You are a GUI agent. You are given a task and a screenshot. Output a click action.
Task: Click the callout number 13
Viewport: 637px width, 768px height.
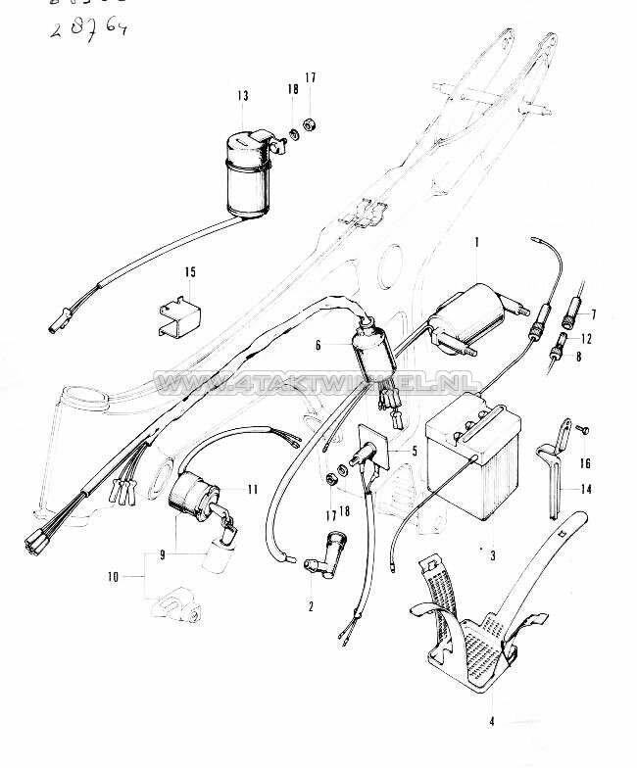[242, 95]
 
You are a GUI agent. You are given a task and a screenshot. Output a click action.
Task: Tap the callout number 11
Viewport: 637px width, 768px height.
[253, 489]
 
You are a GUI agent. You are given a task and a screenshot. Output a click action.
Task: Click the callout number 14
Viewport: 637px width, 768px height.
[587, 488]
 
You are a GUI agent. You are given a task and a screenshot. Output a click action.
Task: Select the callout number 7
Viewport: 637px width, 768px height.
[591, 313]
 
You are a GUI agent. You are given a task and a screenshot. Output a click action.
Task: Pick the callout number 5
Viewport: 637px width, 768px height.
[414, 451]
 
